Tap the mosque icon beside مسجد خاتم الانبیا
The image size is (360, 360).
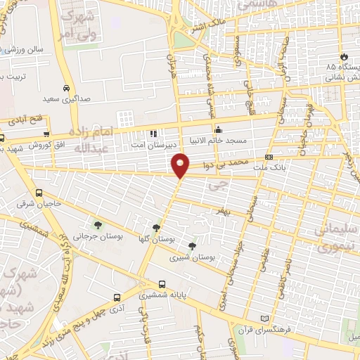tap(219, 129)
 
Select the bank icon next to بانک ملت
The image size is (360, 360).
tap(269, 157)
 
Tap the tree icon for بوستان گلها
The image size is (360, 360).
tap(155, 227)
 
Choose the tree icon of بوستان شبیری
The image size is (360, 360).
tap(192, 245)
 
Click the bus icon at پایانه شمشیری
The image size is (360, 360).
tap(162, 285)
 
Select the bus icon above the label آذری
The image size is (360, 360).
tap(117, 297)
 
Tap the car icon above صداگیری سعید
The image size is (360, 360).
tap(65, 89)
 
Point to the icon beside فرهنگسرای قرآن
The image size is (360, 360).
tap(264, 319)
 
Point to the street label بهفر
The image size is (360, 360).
tap(224, 210)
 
